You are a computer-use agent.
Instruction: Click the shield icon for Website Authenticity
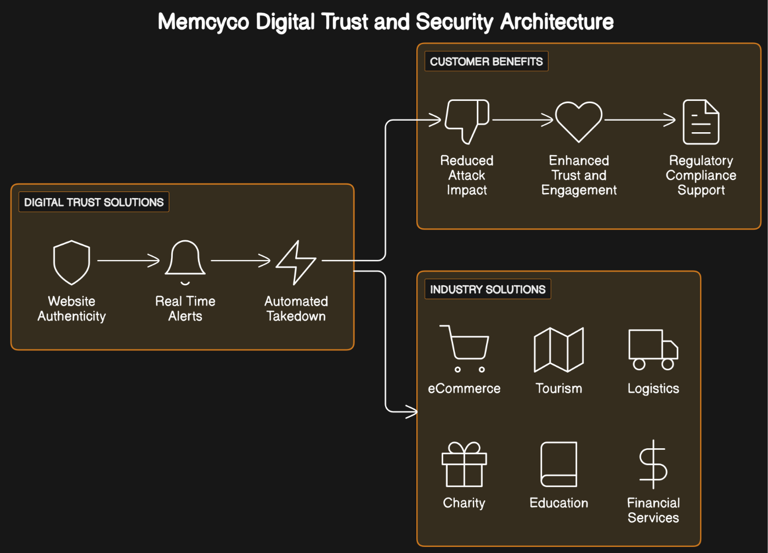[71, 262]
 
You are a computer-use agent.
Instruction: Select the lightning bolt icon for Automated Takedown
[296, 262]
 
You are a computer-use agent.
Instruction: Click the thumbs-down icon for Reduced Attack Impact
[467, 120]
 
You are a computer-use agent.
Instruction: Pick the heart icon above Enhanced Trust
[579, 121]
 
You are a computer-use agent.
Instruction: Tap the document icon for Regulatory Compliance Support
[701, 122]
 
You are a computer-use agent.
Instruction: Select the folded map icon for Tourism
[558, 349]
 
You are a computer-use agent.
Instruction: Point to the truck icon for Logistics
[653, 349]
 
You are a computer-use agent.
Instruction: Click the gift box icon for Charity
[464, 465]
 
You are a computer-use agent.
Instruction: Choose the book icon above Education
[558, 464]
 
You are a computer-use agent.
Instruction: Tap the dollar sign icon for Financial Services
[653, 464]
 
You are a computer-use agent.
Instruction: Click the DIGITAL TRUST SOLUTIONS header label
[94, 202]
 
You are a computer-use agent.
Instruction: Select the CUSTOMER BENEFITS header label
[486, 61]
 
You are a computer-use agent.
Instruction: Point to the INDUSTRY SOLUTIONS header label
[488, 289]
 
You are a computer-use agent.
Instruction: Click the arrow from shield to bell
[129, 261]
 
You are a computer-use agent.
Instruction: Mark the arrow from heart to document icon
[640, 120]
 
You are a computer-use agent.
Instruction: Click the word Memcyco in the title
[204, 22]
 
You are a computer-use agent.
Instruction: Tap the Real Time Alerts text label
[185, 308]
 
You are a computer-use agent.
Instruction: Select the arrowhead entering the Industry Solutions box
[411, 410]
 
